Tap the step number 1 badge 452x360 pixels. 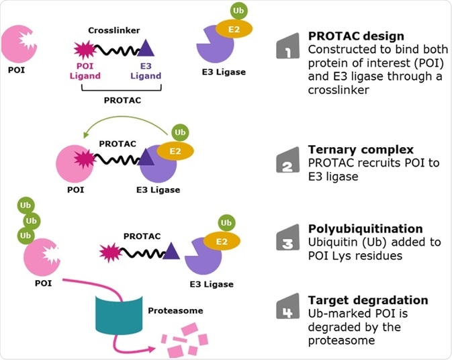[287, 46]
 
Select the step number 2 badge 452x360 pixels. [287, 160]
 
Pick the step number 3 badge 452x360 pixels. [287, 238]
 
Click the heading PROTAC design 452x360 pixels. [347, 35]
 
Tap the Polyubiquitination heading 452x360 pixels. [355, 228]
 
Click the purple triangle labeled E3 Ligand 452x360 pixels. [148, 48]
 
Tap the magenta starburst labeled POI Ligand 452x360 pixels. [85, 50]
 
